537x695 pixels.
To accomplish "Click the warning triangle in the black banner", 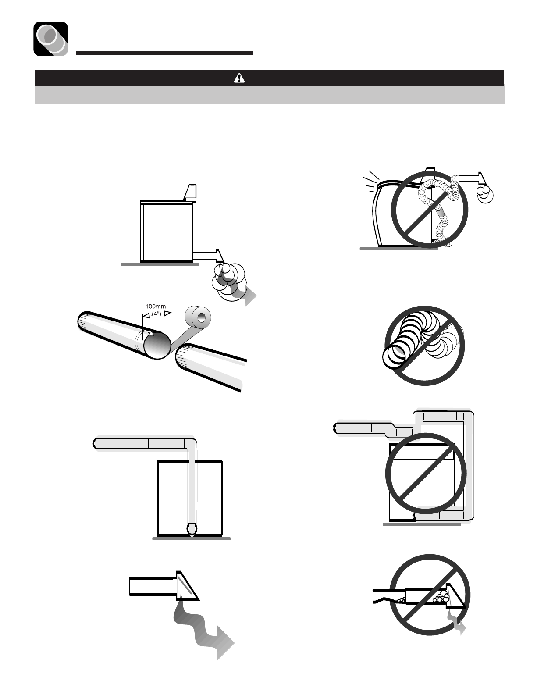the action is tap(239, 78).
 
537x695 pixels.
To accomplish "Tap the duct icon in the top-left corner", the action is tap(50, 39).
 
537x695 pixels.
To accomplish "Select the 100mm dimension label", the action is tap(156, 307).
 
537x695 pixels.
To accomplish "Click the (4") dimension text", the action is tap(156, 314).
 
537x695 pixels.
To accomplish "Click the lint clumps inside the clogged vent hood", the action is tap(440, 597).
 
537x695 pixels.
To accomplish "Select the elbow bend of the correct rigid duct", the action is tap(191, 445).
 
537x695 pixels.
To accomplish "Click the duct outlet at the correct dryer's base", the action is tap(192, 529).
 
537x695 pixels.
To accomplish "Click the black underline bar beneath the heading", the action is tap(165, 53).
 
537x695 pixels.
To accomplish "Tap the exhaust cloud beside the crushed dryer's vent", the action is tap(485, 194).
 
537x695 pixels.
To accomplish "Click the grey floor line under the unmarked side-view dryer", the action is tap(160, 264).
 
